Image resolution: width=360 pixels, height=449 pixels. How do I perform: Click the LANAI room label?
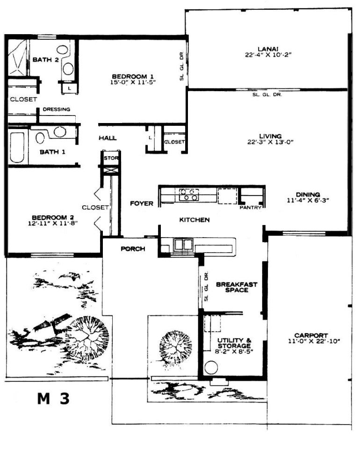(x=268, y=49)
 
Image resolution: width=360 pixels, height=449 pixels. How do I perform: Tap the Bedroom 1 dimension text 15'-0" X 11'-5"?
(x=133, y=82)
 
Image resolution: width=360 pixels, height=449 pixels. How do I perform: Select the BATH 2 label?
(x=46, y=60)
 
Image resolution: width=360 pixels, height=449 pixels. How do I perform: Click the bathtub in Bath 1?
(x=17, y=147)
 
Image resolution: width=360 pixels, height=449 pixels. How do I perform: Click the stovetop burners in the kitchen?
(x=189, y=195)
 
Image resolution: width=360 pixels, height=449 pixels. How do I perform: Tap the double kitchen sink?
(x=183, y=245)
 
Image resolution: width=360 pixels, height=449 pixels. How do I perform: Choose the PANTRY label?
(x=251, y=207)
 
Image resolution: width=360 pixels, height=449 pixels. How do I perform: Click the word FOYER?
(x=142, y=203)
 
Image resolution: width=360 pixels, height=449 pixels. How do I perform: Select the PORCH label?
(x=133, y=249)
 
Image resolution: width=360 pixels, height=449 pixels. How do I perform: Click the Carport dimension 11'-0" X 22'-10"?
(x=314, y=341)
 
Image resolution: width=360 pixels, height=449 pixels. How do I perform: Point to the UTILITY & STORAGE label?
(x=234, y=343)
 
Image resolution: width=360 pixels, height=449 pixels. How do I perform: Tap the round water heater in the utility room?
(x=211, y=368)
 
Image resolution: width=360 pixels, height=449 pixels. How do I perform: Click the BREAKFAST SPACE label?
(x=237, y=287)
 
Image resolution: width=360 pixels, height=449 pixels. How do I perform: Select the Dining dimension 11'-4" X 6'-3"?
(x=308, y=201)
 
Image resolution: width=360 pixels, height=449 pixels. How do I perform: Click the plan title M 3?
(x=53, y=398)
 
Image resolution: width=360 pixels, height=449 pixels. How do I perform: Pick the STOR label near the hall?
(x=111, y=158)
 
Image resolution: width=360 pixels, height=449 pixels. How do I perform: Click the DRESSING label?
(x=57, y=109)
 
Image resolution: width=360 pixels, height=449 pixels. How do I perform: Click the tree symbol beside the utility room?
(x=175, y=347)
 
